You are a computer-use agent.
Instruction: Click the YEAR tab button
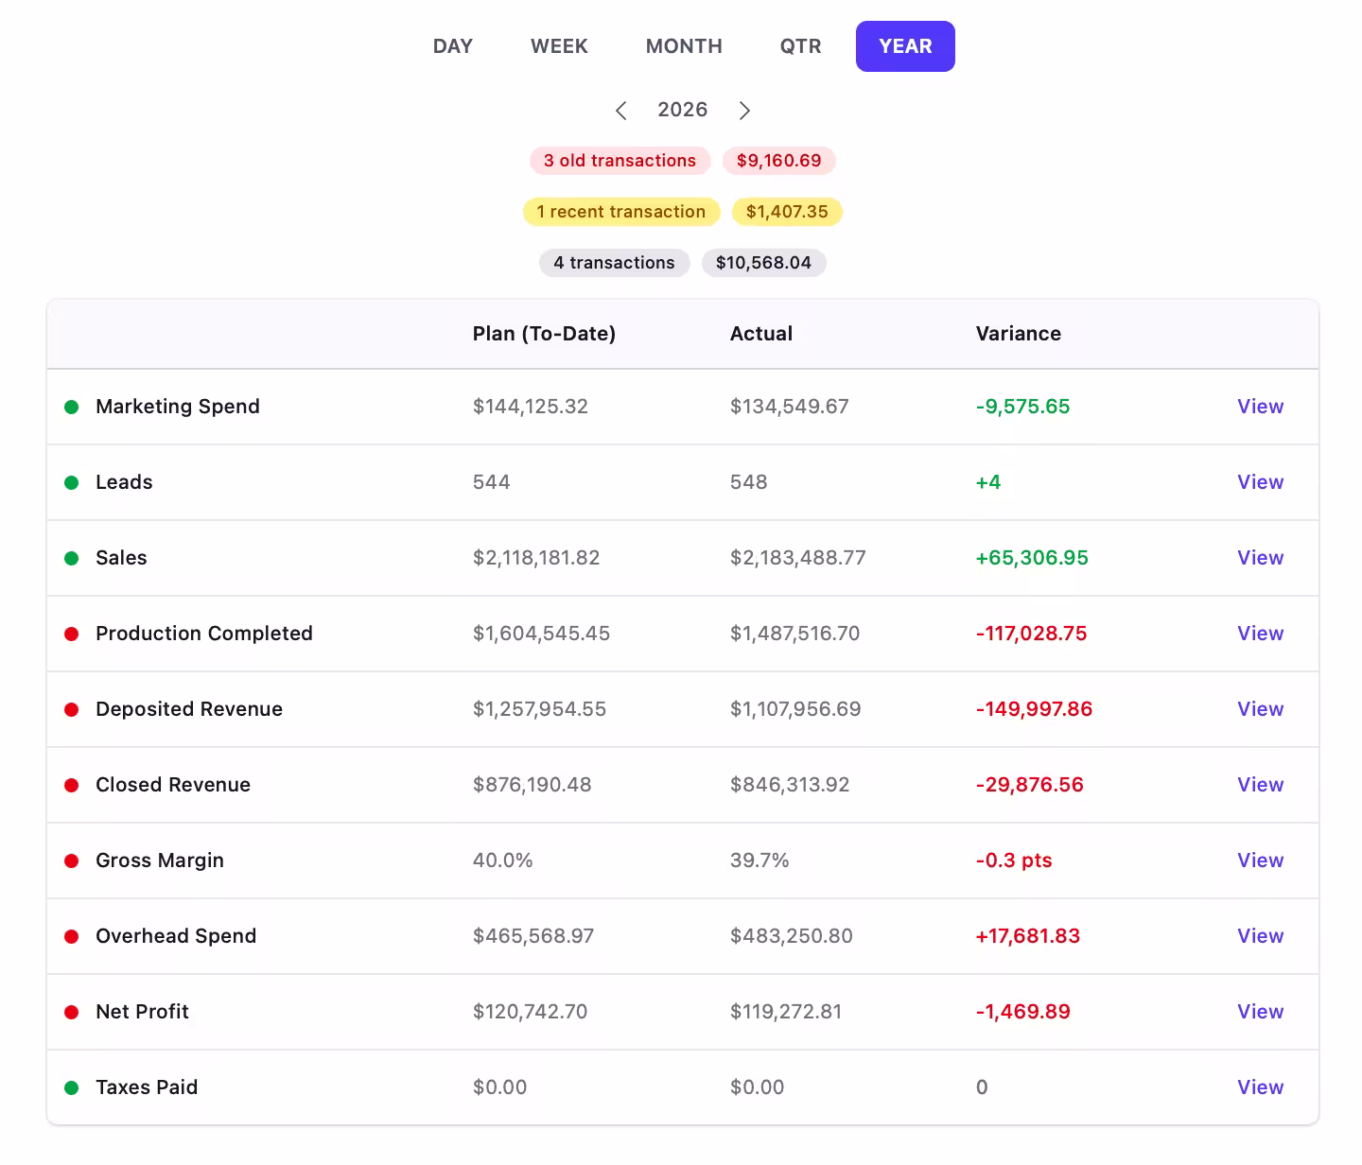pos(905,46)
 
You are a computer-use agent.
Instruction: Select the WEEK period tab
pos(559,46)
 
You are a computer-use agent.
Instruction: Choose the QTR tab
pos(800,46)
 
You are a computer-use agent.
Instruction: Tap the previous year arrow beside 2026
pos(620,110)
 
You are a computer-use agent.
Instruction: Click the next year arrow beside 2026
pos(744,110)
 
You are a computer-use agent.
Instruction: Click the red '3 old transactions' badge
pos(620,161)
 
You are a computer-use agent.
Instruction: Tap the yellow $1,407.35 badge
pos(787,212)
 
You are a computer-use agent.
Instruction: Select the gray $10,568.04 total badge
pos(763,263)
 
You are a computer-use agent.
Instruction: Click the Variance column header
pos(1018,334)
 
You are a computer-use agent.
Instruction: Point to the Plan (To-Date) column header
pos(544,334)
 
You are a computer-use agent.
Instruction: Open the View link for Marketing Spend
pos(1260,407)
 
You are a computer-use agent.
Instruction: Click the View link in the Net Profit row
pos(1260,1012)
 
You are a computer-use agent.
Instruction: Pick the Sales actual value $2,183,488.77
pos(797,558)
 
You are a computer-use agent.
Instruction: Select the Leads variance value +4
pos(987,482)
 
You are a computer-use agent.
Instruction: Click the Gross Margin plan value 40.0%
pos(502,861)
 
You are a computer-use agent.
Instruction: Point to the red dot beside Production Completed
pos(71,634)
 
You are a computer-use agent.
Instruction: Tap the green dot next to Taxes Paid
pos(71,1087)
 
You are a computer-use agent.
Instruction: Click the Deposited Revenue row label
pos(188,709)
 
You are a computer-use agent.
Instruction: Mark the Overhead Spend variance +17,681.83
pos(1027,936)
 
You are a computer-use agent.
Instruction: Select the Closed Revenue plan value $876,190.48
pos(532,785)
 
